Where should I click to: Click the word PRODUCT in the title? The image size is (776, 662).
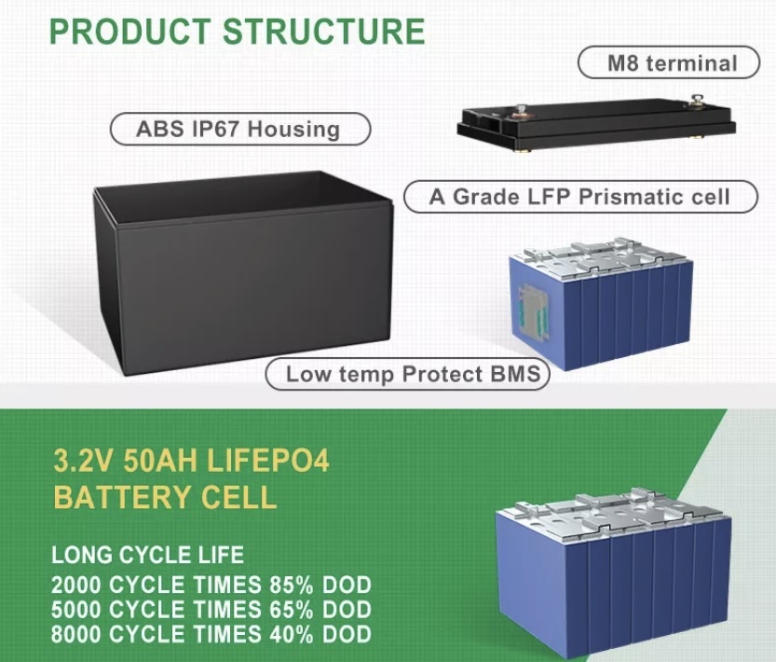(129, 31)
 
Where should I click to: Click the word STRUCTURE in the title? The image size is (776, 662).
(324, 31)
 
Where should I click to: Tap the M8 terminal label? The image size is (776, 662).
(669, 62)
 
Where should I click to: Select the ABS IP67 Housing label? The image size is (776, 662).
(240, 129)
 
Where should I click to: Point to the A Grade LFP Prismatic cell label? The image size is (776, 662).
(580, 197)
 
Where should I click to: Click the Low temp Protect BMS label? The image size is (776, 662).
(408, 374)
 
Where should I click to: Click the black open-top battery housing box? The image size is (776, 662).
(243, 272)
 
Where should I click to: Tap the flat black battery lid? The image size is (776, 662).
(596, 124)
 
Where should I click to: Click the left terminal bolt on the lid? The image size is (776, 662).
(521, 112)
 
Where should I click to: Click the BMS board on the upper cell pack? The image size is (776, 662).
(533, 312)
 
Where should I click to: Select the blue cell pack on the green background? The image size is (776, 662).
(614, 572)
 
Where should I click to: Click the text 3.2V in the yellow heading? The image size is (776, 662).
(84, 461)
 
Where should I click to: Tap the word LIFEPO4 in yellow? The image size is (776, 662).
(267, 461)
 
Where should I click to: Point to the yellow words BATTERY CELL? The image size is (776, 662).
(165, 497)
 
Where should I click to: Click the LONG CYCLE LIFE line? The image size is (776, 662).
(147, 555)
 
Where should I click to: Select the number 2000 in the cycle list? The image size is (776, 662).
(75, 586)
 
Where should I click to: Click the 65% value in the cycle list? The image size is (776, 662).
(292, 610)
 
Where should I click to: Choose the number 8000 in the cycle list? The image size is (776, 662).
(75, 635)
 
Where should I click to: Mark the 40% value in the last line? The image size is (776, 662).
(292, 635)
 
